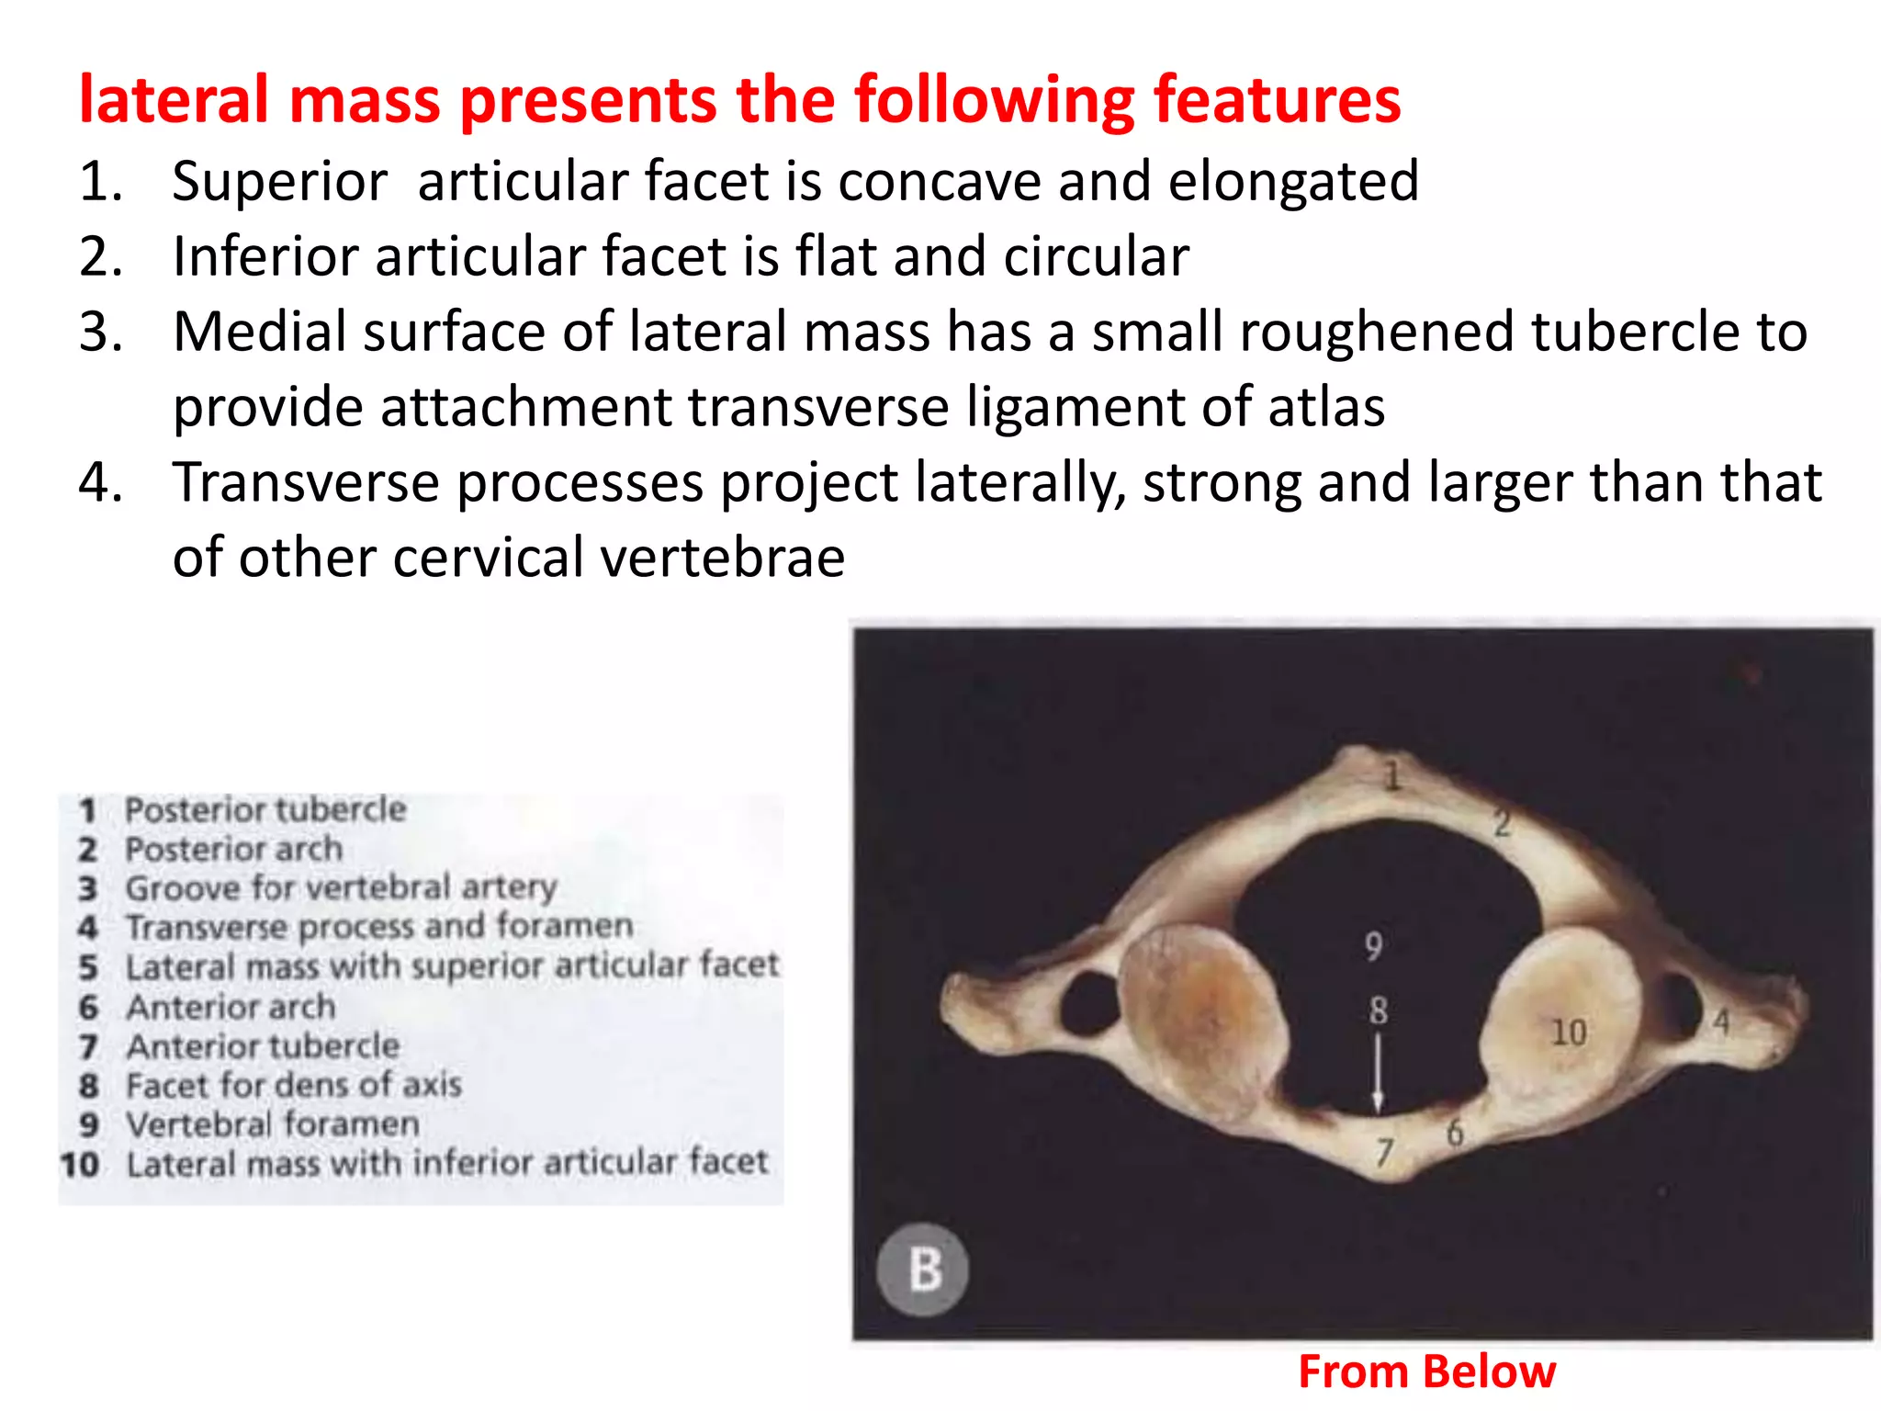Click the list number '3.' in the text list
[x=101, y=332]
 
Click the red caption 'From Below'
[x=1426, y=1371]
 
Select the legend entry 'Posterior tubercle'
[x=265, y=810]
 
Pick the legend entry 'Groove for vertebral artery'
[x=341, y=888]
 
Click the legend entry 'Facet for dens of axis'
[x=293, y=1086]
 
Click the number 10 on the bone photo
[x=1569, y=1033]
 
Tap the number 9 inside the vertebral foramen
[x=1373, y=945]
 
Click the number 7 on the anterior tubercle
[x=1384, y=1152]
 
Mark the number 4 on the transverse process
[x=1721, y=1022]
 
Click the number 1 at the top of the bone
[x=1392, y=776]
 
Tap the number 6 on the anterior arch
[x=1455, y=1133]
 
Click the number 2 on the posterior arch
[x=1502, y=823]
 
